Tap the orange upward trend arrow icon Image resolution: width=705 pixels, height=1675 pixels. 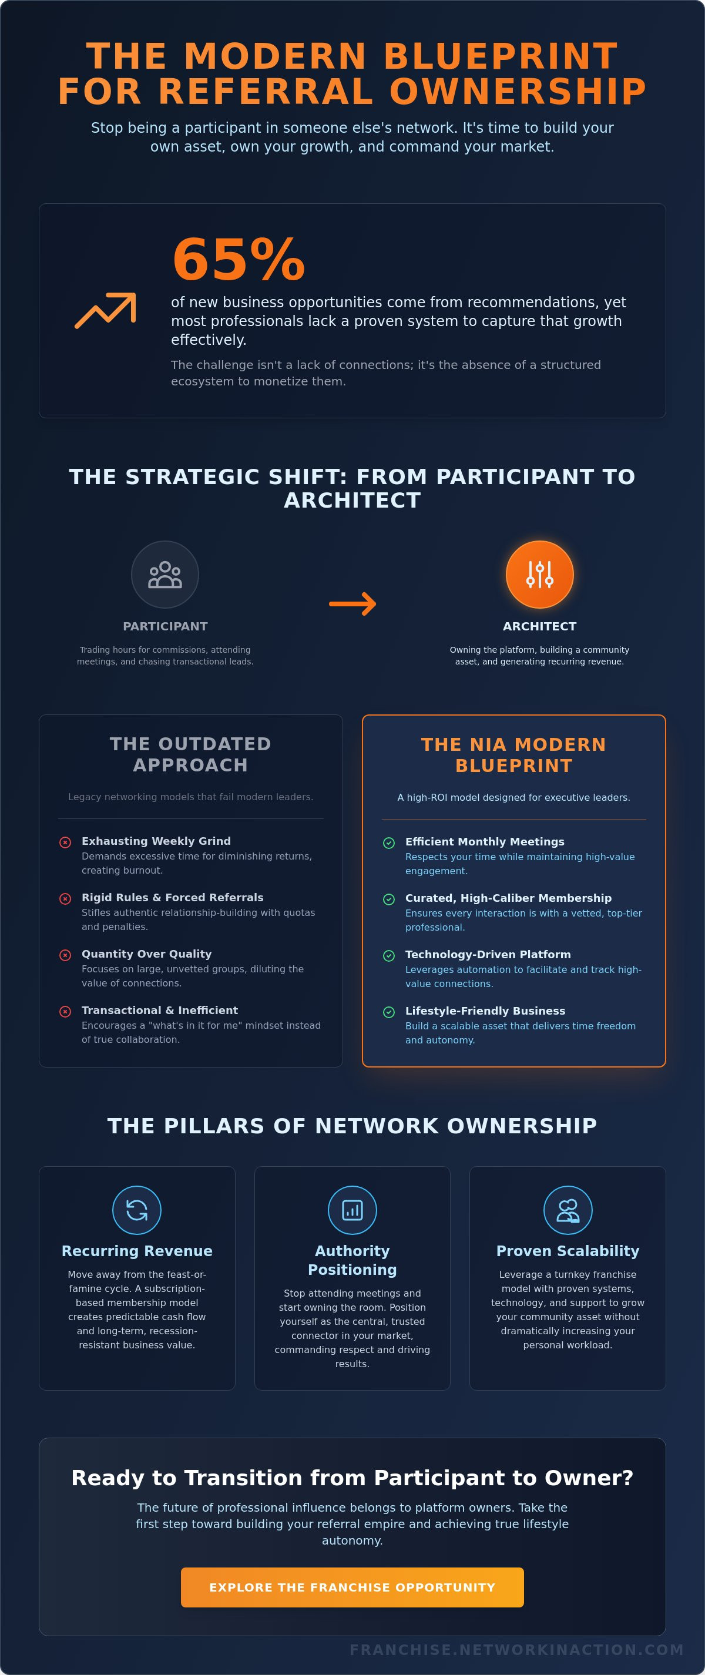tap(105, 310)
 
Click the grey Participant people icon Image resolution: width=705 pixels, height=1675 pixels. tap(165, 575)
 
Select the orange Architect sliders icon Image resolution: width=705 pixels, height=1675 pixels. tap(540, 574)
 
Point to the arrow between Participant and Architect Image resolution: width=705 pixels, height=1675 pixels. tap(352, 603)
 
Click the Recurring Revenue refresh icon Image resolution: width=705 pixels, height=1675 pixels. tap(136, 1210)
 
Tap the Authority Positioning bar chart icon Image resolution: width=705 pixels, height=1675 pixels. tap(352, 1210)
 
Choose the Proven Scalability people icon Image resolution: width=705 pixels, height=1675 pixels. tap(568, 1210)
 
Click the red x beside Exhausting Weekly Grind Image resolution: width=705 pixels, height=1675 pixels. tap(65, 842)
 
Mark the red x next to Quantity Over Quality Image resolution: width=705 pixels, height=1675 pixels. tap(65, 955)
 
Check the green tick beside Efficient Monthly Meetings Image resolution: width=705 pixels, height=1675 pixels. tap(389, 842)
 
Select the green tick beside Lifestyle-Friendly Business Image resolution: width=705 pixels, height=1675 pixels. tap(389, 1012)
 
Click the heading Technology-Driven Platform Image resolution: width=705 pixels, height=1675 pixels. tap(488, 955)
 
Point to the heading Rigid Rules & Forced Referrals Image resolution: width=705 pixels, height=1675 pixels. tap(172, 897)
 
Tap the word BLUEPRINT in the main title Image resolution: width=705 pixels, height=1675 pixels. tap(501, 56)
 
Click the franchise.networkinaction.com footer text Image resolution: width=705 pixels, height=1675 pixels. tap(516, 1650)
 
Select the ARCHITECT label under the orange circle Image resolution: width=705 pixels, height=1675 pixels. tap(540, 626)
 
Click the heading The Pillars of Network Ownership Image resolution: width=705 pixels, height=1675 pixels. tap(352, 1126)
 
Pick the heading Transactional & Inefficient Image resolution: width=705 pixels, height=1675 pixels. tap(159, 1010)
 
